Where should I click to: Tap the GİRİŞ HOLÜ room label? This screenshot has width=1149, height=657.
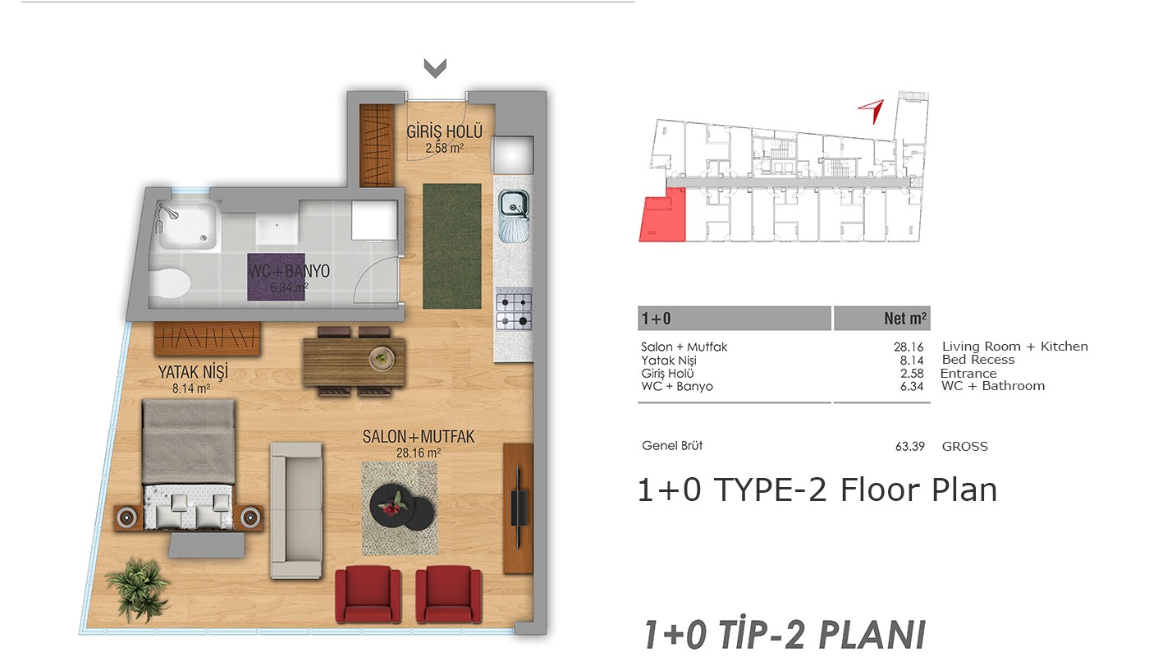pyautogui.click(x=444, y=131)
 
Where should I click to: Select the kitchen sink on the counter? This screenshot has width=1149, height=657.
pyautogui.click(x=514, y=216)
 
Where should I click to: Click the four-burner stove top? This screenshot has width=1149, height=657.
pyautogui.click(x=514, y=309)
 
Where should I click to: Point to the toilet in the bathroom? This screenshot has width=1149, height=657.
pyautogui.click(x=170, y=283)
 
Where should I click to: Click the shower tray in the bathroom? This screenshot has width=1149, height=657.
pyautogui.click(x=187, y=225)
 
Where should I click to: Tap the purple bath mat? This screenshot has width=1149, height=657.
pyautogui.click(x=276, y=277)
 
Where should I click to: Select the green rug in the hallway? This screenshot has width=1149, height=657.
pyautogui.click(x=452, y=246)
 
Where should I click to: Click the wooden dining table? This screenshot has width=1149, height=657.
pyautogui.click(x=354, y=361)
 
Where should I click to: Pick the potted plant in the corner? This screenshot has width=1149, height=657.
pyautogui.click(x=138, y=590)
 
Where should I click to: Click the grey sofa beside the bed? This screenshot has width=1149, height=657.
pyautogui.click(x=296, y=510)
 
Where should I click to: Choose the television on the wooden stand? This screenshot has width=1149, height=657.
pyautogui.click(x=519, y=508)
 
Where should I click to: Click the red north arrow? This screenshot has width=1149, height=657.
pyautogui.click(x=872, y=110)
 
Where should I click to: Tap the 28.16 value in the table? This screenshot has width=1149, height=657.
pyautogui.click(x=909, y=347)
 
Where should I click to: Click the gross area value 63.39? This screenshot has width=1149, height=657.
pyautogui.click(x=910, y=447)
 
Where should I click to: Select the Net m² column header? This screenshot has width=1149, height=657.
pyautogui.click(x=904, y=319)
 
